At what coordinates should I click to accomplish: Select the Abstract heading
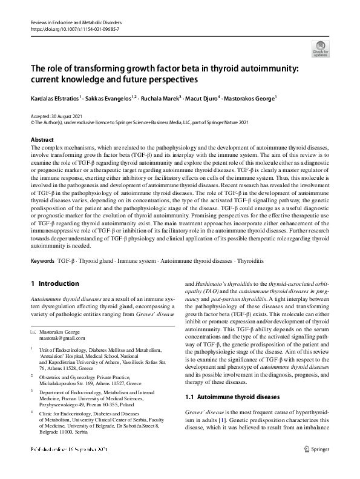[x=42, y=139]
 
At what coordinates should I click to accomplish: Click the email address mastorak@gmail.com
[x=63, y=339]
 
